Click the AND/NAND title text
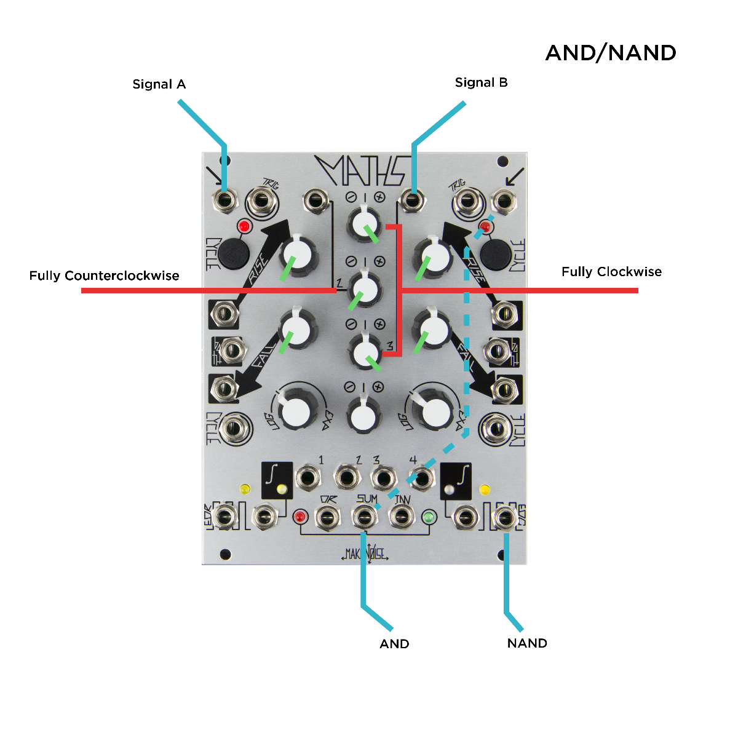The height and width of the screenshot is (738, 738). click(611, 54)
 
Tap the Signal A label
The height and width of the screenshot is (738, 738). click(159, 84)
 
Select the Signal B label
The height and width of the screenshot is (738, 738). click(481, 82)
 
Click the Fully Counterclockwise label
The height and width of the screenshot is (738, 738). click(104, 276)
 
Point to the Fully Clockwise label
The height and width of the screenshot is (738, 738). click(611, 272)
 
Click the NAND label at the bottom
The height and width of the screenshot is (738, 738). click(527, 643)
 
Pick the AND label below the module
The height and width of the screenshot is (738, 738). click(394, 644)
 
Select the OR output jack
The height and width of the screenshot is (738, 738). click(327, 517)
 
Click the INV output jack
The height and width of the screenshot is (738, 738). click(402, 517)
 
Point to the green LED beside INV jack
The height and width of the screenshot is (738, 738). click(429, 517)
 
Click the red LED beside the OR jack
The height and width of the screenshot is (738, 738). click(300, 517)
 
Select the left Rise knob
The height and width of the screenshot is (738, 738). click(297, 255)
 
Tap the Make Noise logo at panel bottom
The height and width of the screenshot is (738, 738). click(365, 553)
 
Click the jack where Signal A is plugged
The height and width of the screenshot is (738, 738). click(224, 200)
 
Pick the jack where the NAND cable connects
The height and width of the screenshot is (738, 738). click(506, 518)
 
